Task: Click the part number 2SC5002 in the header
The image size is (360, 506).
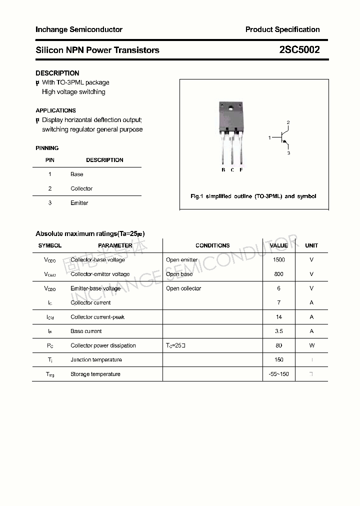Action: click(299, 50)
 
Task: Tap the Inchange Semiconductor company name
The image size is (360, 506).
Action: click(79, 29)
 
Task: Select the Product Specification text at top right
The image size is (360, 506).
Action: click(282, 29)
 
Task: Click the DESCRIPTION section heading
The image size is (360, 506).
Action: click(57, 73)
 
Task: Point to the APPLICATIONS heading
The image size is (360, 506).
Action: click(56, 110)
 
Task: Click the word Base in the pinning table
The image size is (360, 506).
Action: click(77, 174)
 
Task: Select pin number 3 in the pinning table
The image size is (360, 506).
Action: click(50, 203)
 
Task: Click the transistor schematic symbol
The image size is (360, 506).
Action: click(282, 137)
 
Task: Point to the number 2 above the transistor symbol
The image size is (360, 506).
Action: click(288, 122)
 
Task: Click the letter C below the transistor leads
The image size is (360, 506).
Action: click(232, 170)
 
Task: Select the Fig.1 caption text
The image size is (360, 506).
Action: click(253, 196)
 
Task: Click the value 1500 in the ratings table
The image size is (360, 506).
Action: click(279, 260)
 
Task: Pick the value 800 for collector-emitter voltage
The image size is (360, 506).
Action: click(279, 274)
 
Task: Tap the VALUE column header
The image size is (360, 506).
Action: click(279, 245)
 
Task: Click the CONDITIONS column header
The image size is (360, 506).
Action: click(212, 245)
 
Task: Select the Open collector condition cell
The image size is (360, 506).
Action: click(183, 288)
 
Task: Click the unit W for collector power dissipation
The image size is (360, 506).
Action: click(311, 345)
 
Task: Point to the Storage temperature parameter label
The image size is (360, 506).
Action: click(95, 374)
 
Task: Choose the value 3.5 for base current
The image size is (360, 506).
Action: click(279, 331)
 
